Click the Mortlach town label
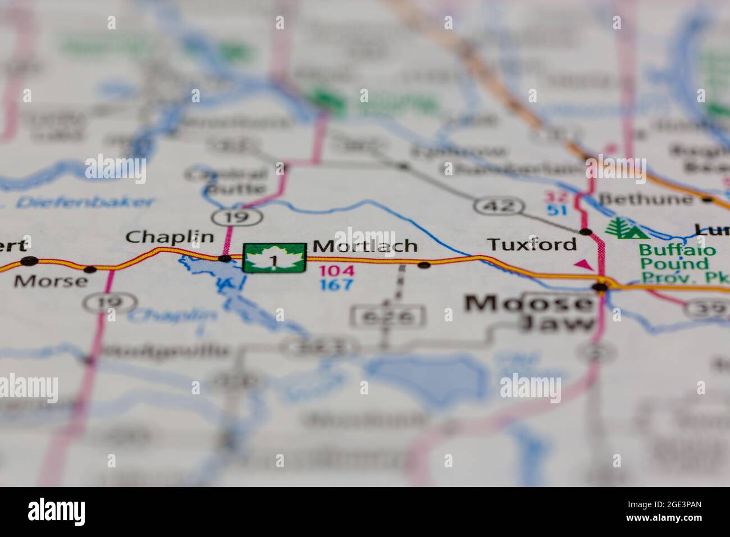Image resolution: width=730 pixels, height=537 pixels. click(x=365, y=246)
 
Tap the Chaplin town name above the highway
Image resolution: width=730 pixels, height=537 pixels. click(x=170, y=236)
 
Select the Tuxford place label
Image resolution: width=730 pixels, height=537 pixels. click(x=531, y=244)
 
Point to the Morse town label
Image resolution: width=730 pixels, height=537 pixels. click(x=51, y=280)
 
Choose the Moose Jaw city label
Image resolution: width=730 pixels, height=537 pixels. click(x=530, y=312)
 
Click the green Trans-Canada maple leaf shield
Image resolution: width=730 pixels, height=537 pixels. click(x=274, y=258)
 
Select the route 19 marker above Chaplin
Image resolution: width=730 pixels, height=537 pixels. click(x=238, y=216)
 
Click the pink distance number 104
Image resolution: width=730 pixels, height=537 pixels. click(x=337, y=271)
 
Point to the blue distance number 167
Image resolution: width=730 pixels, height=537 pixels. click(x=337, y=285)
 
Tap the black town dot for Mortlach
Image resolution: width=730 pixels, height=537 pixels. click(x=425, y=265)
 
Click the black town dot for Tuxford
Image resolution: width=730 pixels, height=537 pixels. click(x=586, y=231)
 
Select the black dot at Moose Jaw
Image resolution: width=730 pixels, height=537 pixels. click(x=601, y=287)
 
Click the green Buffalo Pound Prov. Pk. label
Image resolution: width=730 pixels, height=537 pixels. click(x=677, y=263)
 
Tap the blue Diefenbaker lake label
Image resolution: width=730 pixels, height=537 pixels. click(x=84, y=202)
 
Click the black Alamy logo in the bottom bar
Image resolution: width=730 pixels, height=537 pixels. click(x=57, y=511)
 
